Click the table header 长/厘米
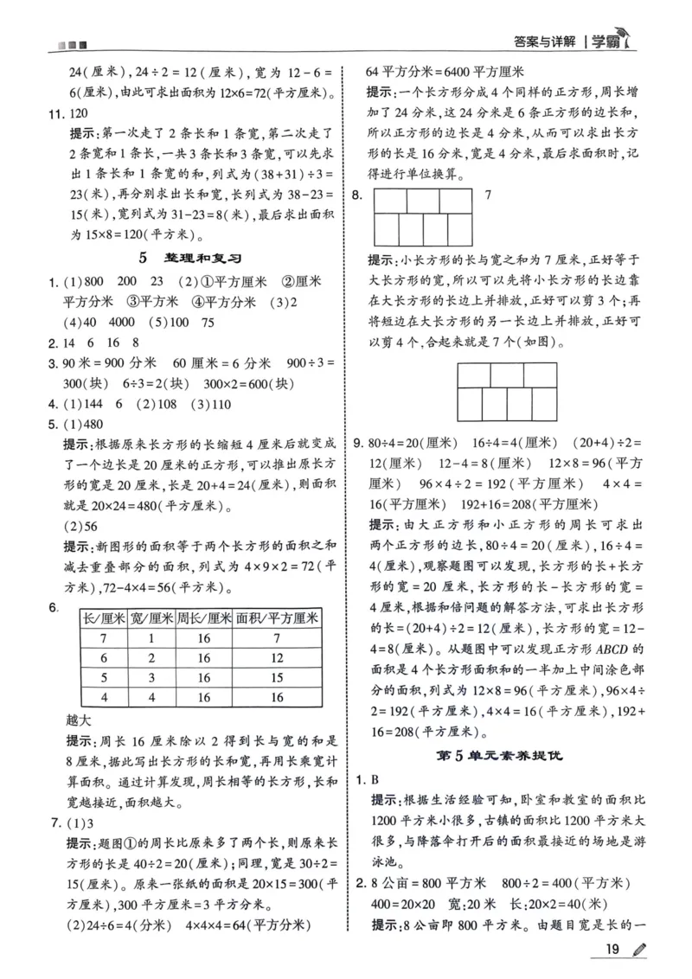click(104, 617)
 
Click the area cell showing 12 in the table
click(278, 657)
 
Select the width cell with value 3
click(153, 677)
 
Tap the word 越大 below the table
click(80, 719)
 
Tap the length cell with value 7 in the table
click(103, 638)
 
